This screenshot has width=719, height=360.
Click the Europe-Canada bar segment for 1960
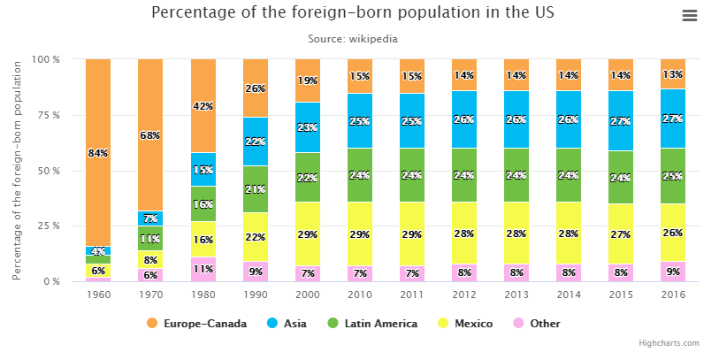coord(98,115)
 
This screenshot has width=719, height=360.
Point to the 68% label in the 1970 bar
coord(150,135)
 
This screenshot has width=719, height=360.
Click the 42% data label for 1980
coord(203,106)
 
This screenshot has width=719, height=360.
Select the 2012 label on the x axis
coord(464,295)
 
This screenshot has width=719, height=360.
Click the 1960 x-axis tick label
coord(98,295)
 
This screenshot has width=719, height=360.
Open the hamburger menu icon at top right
coord(690,16)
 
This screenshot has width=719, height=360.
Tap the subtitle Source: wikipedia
coord(353,39)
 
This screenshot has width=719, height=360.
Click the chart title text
coord(354,13)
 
